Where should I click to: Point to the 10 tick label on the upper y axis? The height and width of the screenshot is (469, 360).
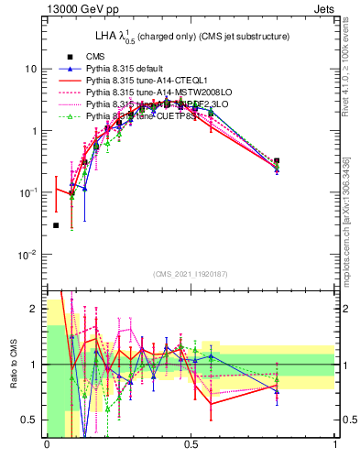[x=30, y=69]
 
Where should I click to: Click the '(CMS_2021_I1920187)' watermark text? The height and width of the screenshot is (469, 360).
[x=191, y=274]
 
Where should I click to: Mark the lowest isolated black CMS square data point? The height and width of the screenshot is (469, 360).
[x=56, y=225]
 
